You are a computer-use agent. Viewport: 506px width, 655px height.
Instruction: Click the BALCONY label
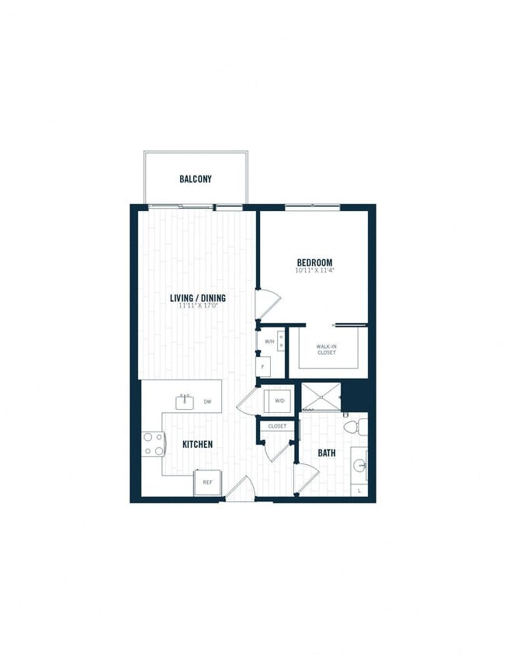[196, 179]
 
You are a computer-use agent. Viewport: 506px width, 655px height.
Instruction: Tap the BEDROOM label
[314, 262]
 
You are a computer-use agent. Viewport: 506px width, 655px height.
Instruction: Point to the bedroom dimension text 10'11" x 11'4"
[314, 272]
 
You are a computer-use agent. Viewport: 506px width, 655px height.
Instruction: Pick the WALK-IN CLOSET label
[326, 350]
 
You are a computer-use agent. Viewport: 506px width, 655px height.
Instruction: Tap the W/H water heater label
[270, 341]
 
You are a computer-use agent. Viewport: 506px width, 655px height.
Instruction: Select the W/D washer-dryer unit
[278, 401]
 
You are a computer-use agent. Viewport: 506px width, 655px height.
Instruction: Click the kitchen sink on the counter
[185, 401]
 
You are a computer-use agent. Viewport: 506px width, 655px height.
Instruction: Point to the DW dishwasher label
[208, 402]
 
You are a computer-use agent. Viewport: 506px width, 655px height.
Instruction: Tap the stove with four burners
[153, 443]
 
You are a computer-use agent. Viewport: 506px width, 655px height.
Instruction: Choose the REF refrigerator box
[207, 482]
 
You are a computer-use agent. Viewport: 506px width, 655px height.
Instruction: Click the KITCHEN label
[198, 445]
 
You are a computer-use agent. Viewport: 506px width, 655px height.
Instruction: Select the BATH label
[326, 452]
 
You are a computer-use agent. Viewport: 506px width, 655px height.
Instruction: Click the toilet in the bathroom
[352, 427]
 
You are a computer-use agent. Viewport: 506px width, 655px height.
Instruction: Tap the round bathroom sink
[359, 466]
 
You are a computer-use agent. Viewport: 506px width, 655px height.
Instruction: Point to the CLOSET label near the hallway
[277, 426]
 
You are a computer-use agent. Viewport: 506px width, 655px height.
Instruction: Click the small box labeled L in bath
[359, 491]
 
